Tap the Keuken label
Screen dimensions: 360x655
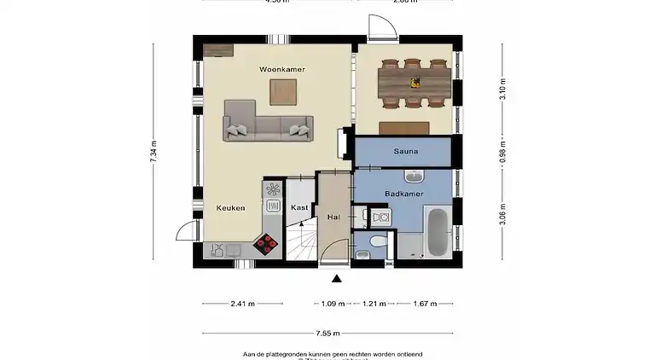click(x=230, y=207)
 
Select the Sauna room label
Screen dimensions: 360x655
click(x=405, y=152)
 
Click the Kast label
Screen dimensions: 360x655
click(x=299, y=207)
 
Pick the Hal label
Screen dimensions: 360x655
click(x=333, y=218)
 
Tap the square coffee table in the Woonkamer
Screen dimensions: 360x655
click(x=283, y=91)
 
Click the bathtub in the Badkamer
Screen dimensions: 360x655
click(x=436, y=230)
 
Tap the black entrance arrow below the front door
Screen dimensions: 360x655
click(x=337, y=277)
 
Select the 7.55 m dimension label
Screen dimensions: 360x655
click(x=328, y=334)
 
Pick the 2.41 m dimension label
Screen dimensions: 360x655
click(x=242, y=304)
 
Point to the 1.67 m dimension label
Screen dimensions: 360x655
click(x=424, y=304)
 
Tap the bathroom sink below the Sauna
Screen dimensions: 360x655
click(x=414, y=177)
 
